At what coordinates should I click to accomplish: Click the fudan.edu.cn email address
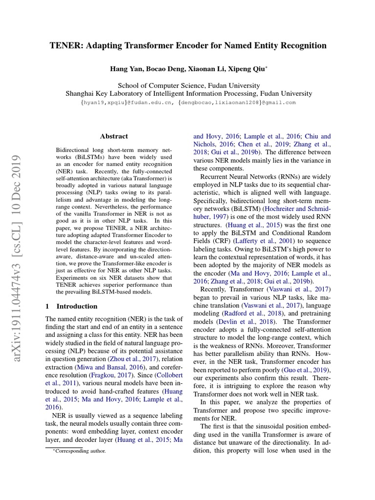click(x=127, y=103)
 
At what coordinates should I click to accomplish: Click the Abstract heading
click(x=114, y=136)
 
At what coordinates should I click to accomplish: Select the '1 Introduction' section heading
click(x=71, y=306)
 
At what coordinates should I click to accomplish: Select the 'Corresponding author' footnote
click(x=79, y=451)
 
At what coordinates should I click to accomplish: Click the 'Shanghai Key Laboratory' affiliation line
click(x=188, y=93)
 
